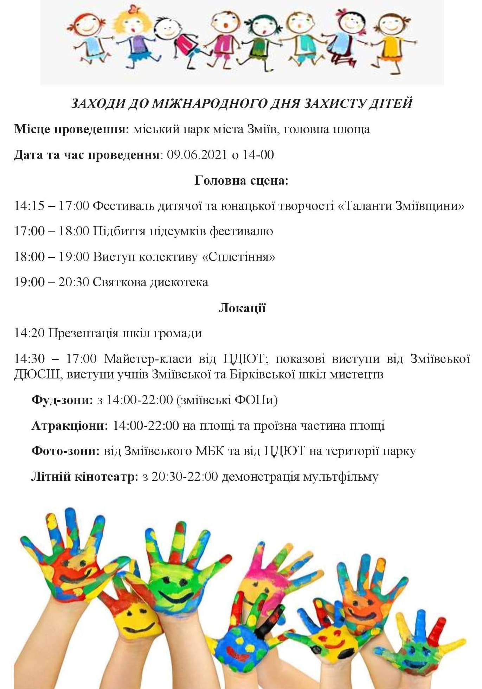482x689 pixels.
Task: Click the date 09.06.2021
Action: coord(197,155)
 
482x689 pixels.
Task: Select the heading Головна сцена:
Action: coord(241,181)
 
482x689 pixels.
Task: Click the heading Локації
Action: coord(242,308)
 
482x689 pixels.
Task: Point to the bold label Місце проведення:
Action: coord(72,129)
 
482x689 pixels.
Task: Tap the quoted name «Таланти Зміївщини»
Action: coord(401,206)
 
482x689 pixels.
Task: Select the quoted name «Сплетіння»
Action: coord(238,257)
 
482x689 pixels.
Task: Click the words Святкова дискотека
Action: coord(150,282)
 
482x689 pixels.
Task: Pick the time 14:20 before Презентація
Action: coord(29,333)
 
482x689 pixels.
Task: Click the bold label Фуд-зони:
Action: coord(62,400)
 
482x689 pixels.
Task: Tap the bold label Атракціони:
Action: coord(70,426)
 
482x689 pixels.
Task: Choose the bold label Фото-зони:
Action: coord(66,451)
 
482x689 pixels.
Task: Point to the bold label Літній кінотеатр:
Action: coord(84,477)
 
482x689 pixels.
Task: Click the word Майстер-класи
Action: coord(148,359)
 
